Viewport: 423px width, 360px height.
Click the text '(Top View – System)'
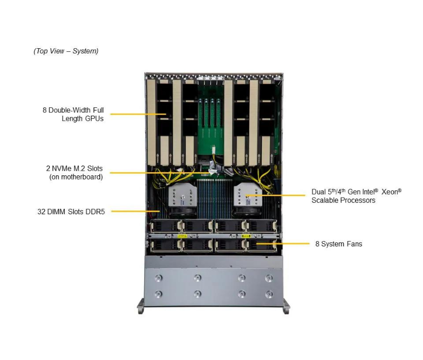pos(66,51)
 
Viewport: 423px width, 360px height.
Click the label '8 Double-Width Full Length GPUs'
pos(73,114)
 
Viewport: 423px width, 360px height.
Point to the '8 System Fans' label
pos(339,243)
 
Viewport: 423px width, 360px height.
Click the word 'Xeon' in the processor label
pos(391,191)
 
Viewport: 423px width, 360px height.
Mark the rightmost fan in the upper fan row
pos(262,227)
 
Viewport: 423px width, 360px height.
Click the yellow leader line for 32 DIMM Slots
pos(135,211)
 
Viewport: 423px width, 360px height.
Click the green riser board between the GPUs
pos(210,119)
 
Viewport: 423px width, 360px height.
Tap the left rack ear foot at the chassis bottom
pos(141,308)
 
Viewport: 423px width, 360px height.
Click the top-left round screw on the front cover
pos(158,278)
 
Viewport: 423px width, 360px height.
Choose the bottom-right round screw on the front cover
pos(269,294)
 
